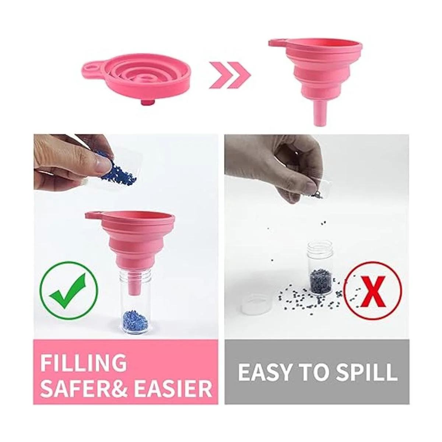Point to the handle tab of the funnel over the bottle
click(92, 215)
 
